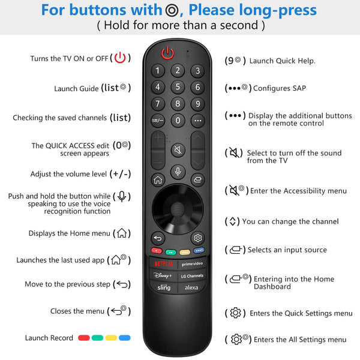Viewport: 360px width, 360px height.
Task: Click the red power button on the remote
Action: point(167,53)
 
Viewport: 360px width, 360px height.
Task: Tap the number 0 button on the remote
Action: point(177,120)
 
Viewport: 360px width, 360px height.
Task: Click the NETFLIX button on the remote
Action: point(163,263)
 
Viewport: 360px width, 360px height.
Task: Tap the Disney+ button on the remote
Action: point(163,275)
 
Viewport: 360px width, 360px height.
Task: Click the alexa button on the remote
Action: point(191,287)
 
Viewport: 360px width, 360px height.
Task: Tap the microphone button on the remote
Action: point(178,170)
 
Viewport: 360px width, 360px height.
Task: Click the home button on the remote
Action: point(158,179)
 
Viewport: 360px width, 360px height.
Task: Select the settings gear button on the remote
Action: point(197,237)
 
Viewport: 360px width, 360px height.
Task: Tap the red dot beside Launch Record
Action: point(83,338)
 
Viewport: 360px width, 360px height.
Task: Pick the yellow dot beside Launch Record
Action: point(111,338)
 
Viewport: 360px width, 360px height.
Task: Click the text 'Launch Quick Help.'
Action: point(282,61)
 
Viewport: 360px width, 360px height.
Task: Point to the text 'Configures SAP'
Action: point(280,88)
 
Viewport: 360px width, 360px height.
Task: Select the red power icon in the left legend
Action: point(120,58)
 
